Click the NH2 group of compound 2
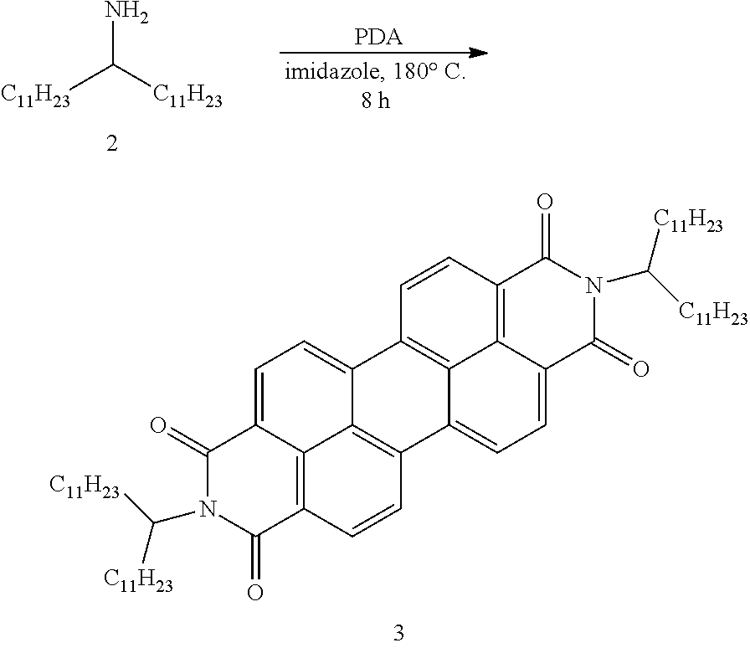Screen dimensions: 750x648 click(126, 13)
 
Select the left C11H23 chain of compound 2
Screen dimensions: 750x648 click(35, 95)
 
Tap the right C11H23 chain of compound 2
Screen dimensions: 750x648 click(187, 95)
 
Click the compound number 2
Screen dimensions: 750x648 click(112, 143)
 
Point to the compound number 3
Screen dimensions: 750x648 click(398, 633)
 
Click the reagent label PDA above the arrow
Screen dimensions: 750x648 click(378, 38)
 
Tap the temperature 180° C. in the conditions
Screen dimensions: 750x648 click(429, 73)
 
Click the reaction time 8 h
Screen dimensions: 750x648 click(376, 100)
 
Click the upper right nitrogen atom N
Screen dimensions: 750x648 click(593, 286)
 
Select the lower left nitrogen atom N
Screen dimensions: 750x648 click(207, 509)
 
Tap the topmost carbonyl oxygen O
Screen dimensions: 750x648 click(545, 202)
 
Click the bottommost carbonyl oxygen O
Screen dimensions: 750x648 click(255, 593)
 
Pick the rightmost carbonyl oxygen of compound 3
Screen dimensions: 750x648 click(641, 369)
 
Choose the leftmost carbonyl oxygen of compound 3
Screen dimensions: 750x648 click(158, 425)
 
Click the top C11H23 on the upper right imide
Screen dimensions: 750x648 click(688, 222)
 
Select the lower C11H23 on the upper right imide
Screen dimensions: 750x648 click(713, 314)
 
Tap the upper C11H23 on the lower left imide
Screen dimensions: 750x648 click(85, 488)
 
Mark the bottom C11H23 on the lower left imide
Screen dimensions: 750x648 click(138, 580)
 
